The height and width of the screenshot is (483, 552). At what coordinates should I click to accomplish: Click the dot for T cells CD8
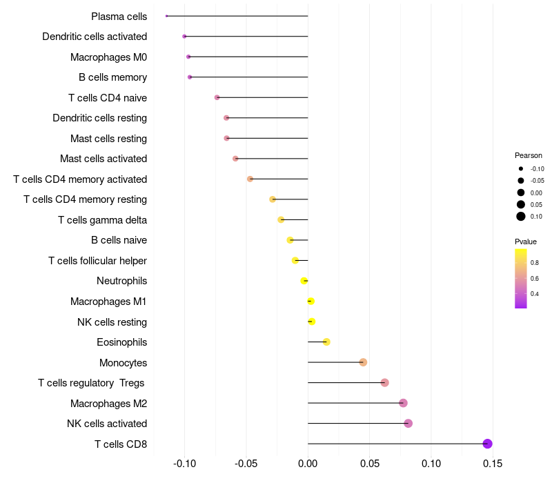pos(487,444)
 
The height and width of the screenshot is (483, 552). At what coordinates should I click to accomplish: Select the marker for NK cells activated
pos(408,424)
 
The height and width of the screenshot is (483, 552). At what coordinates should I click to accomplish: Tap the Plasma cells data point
pos(167,16)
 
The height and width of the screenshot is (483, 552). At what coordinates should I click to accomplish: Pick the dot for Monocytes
pos(363,362)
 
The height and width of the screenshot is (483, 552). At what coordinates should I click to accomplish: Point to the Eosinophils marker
pos(326,342)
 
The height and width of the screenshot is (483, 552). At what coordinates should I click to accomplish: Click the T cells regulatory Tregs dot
pos(384,383)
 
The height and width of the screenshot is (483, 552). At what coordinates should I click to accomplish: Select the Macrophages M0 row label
pos(108,57)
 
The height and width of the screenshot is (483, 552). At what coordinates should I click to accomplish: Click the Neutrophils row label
pos(121,281)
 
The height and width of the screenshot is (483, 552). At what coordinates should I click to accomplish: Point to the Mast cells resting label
pos(108,138)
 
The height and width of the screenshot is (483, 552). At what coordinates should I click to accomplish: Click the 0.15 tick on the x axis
pos(493,463)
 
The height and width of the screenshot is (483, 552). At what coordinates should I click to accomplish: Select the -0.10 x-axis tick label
pos(184,463)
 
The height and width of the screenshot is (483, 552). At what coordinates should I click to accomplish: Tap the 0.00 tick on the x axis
pos(308,463)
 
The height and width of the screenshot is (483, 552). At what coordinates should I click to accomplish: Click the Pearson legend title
pos(529,155)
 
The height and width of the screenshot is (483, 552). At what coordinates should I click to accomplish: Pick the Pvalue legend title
pos(526,241)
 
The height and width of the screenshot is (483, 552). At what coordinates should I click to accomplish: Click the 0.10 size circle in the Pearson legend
pos(521,217)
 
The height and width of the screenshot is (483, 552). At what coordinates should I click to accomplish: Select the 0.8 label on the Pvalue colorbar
pos(535,263)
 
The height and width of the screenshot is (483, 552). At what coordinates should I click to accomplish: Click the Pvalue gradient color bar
pos(521,278)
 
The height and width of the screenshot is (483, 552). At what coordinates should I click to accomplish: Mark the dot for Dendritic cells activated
pos(184,36)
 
